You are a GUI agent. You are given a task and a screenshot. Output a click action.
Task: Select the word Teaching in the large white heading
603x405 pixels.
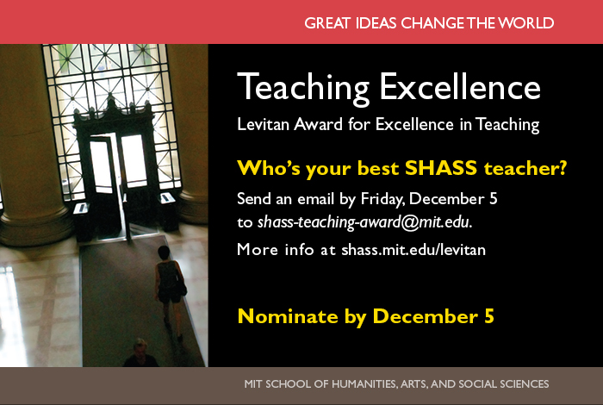coord(303,88)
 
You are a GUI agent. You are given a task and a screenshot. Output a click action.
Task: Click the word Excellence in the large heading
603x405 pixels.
coord(460,86)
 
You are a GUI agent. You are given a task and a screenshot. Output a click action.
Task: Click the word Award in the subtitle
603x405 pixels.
coord(318,124)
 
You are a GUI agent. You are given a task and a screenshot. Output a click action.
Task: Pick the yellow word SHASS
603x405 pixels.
coord(441,168)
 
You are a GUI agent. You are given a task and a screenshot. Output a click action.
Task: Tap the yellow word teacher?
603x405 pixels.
coord(525,168)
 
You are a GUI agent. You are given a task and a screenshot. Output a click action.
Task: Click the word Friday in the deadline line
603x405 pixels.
coord(382,199)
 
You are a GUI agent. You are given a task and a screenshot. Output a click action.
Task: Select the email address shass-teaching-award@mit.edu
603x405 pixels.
coord(364,222)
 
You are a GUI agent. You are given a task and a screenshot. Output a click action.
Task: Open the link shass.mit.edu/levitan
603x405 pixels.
coord(413,250)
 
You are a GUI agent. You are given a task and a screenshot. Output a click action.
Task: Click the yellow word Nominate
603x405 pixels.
coord(288,316)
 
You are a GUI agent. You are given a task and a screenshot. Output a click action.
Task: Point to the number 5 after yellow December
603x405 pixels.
coord(488,316)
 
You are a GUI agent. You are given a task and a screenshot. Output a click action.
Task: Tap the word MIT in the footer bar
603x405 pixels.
coord(252,383)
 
